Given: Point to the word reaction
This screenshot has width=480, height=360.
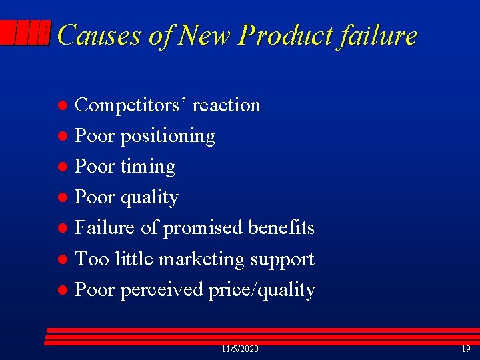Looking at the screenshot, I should pyautogui.click(x=226, y=105).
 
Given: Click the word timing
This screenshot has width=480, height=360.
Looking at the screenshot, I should pyautogui.click(x=147, y=167).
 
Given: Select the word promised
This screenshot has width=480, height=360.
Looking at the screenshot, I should pyautogui.click(x=203, y=228).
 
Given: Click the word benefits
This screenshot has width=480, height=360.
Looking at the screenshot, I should pyautogui.click(x=281, y=228).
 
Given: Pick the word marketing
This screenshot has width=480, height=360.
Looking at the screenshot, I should pyautogui.click(x=207, y=259).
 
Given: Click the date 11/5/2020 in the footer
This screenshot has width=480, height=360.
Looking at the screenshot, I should pyautogui.click(x=240, y=349).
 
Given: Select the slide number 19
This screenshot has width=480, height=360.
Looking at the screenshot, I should pyautogui.click(x=465, y=349).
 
